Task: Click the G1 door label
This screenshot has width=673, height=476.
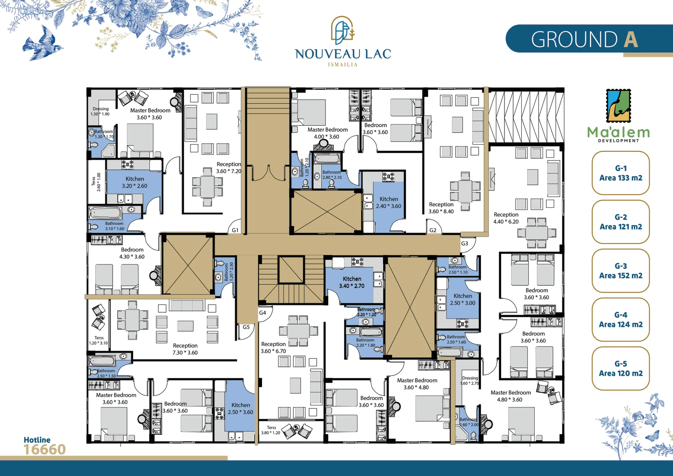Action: coord(235,230)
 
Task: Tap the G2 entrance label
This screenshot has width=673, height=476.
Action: coord(433,230)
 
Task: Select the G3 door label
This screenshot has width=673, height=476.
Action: coord(464,243)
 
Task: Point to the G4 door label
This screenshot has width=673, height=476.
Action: coord(263,313)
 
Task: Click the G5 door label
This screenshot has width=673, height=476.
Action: coord(246,327)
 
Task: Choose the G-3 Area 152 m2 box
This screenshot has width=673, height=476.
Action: coord(621,271)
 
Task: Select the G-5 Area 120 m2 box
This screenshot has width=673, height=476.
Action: coord(621,368)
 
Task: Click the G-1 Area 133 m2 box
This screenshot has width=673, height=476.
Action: coord(621,173)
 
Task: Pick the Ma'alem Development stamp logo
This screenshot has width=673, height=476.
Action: coord(618,106)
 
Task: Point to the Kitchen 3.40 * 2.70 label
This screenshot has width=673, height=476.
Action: coord(352,282)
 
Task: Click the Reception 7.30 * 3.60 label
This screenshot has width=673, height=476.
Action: coord(185,349)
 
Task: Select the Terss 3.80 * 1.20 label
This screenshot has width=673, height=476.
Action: coord(271,430)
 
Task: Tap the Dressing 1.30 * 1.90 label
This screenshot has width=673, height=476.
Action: coord(100,111)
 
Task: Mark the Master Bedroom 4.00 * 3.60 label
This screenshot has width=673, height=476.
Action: coord(327,133)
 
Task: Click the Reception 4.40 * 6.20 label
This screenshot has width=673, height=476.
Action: coord(506,218)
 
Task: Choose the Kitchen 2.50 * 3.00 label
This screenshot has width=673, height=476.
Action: coord(463,299)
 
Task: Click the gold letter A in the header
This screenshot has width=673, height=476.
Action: coord(631,39)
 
